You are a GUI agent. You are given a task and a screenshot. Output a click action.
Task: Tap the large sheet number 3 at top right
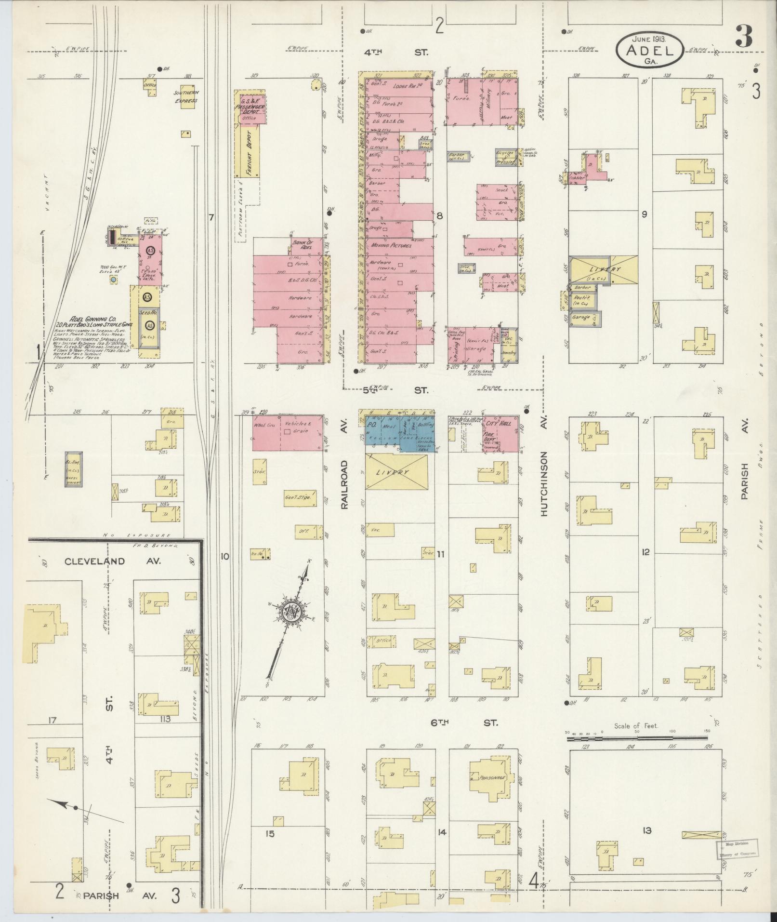point(745,38)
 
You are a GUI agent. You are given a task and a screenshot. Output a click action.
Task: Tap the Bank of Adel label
point(302,244)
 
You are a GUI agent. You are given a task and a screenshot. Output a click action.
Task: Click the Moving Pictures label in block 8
point(391,245)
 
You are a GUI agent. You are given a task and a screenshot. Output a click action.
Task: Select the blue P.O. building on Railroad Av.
point(371,426)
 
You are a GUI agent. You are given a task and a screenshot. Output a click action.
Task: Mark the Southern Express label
point(186,96)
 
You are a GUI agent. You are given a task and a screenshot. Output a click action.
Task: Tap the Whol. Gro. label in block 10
point(264,426)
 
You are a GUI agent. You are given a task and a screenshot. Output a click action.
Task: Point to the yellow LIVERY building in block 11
point(396,472)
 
